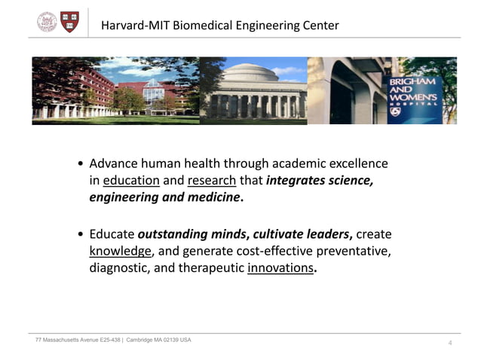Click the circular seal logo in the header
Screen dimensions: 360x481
pos(47,23)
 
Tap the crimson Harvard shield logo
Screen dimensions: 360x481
pos(69,22)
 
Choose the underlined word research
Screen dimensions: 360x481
pos(212,181)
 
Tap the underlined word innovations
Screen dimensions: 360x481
pos(279,268)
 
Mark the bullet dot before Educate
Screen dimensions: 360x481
pos(81,234)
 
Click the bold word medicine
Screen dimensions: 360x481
pos(216,198)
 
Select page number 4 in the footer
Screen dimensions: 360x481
pos(450,343)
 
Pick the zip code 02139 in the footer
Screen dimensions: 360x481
pos(169,340)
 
